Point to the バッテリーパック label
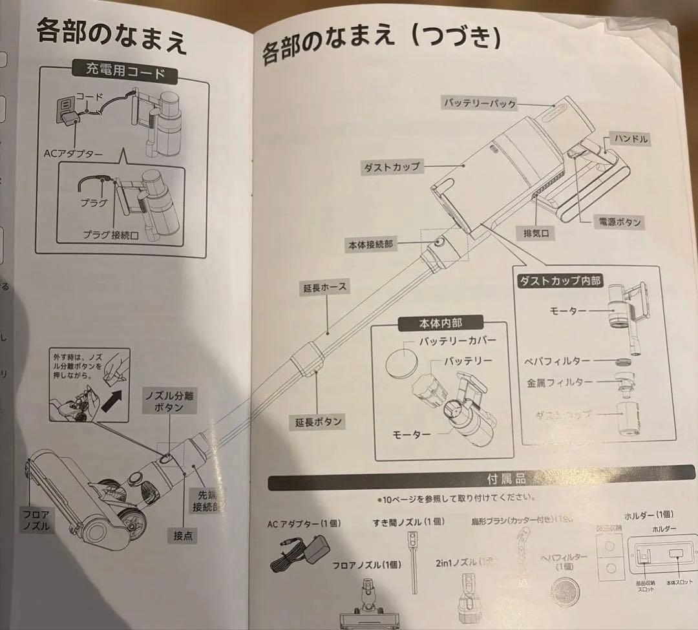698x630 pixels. tap(480, 103)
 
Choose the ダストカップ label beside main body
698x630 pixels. tap(390, 167)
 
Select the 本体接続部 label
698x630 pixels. tap(370, 244)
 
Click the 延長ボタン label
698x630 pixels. tap(317, 422)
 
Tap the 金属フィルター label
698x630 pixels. tap(559, 381)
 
